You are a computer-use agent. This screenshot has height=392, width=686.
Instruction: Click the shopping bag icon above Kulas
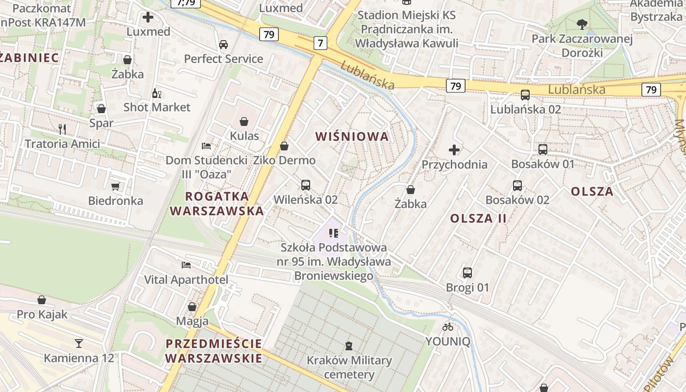tap(244, 122)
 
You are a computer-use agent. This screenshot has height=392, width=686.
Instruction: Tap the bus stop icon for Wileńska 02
tap(306, 185)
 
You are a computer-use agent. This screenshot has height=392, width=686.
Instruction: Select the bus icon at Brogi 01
tap(467, 273)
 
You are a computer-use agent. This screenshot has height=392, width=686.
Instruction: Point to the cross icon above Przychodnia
tap(454, 149)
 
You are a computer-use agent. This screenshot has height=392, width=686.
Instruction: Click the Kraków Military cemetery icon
tap(349, 346)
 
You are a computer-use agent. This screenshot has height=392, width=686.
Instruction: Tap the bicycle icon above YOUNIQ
tap(448, 327)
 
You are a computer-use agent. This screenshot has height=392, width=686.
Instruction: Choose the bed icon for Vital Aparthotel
tap(186, 265)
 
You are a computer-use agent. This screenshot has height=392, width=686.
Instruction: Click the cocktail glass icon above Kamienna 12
tap(79, 343)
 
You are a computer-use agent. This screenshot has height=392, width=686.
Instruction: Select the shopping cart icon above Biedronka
tap(116, 186)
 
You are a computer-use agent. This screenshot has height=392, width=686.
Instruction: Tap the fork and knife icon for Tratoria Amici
tap(62, 129)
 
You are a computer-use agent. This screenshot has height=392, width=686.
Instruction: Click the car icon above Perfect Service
tap(223, 45)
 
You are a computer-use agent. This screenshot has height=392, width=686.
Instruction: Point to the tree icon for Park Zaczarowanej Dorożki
tap(582, 24)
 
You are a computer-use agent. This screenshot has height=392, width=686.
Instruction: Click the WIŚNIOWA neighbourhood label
tap(352, 137)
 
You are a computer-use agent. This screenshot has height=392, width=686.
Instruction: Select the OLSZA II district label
tap(478, 219)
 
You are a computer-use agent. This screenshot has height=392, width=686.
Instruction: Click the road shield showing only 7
tap(320, 43)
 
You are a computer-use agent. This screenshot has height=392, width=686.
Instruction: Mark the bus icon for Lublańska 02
tap(525, 95)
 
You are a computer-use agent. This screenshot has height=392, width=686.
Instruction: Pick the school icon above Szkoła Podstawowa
tap(334, 233)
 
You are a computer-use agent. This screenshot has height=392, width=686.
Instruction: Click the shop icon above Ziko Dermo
tap(284, 146)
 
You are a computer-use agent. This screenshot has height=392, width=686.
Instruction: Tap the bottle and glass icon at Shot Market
tap(156, 93)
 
